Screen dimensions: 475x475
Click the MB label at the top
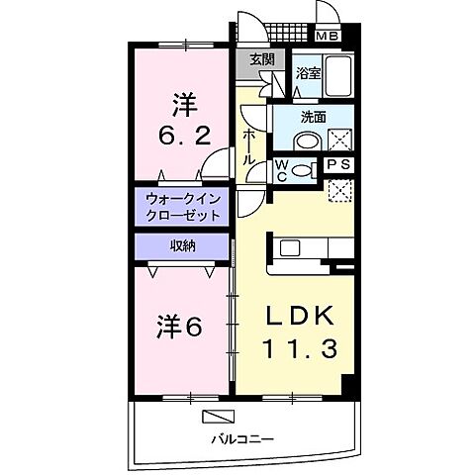pyautogui.click(x=327, y=38)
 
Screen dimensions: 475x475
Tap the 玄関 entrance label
pyautogui.click(x=261, y=60)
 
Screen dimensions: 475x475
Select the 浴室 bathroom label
pyautogui.click(x=307, y=72)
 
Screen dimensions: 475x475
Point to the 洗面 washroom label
pyautogui.click(x=313, y=116)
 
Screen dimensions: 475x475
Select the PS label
pyautogui.click(x=337, y=164)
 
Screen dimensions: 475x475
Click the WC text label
pyautogui.click(x=281, y=169)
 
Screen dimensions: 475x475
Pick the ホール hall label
pyautogui.click(x=250, y=142)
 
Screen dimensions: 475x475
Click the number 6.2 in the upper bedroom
pyautogui.click(x=184, y=137)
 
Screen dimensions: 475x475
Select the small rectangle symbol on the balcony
pyautogui.click(x=217, y=415)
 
